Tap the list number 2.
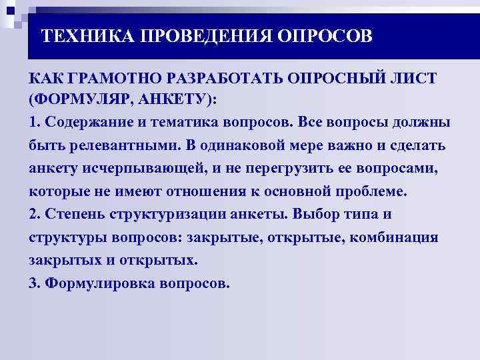(x=34, y=215)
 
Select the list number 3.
(x=34, y=283)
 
